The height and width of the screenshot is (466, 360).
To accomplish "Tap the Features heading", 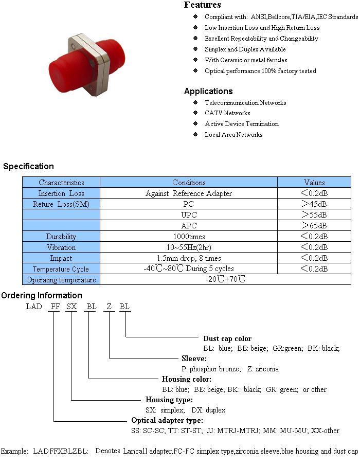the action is [x=203, y=5].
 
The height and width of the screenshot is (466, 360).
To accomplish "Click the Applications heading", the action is [x=208, y=91].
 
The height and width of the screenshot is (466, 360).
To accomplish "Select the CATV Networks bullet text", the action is [x=227, y=113].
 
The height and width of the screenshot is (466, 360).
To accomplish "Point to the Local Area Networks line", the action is [x=233, y=135].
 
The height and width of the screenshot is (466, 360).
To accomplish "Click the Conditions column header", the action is [x=189, y=182].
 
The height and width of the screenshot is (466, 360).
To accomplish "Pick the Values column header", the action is [x=314, y=182].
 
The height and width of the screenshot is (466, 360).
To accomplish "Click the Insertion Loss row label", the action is [x=61, y=193].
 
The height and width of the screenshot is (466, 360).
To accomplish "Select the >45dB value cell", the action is [x=314, y=204].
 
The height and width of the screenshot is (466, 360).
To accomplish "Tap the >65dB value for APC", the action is [x=314, y=226].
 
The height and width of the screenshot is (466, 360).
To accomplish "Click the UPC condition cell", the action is [x=189, y=214].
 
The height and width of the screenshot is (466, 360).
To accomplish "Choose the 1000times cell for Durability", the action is [x=189, y=237].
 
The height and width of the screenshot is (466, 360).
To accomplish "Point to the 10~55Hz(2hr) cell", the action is [x=189, y=247].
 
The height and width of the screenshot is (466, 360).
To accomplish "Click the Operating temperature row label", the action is [x=61, y=280].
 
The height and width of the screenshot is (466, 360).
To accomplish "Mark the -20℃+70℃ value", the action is [x=225, y=279].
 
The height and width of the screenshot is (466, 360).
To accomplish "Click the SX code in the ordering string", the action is [x=71, y=307].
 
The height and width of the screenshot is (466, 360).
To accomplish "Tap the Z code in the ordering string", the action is [x=109, y=307].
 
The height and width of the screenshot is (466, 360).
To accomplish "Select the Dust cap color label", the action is [x=227, y=338].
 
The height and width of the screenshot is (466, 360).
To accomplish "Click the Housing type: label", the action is [x=169, y=400].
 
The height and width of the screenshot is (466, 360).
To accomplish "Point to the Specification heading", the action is [x=28, y=166].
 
